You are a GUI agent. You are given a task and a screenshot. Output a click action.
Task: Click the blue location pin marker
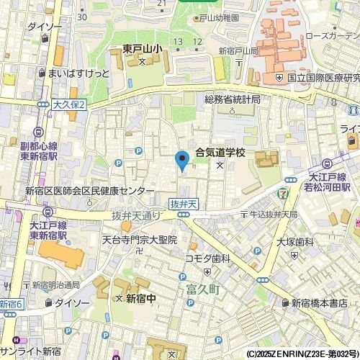[183, 159]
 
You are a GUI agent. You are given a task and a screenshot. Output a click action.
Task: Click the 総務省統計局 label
[231, 99]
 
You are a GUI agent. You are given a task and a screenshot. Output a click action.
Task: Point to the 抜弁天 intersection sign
[184, 204]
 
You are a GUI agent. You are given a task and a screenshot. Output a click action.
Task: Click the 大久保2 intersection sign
[69, 105]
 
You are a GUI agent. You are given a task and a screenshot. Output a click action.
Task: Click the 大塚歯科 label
[294, 243]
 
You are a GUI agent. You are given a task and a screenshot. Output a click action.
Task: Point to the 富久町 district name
[202, 291]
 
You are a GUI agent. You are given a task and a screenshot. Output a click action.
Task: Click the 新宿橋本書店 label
[323, 303]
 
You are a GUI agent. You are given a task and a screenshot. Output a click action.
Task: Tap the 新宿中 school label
[142, 298]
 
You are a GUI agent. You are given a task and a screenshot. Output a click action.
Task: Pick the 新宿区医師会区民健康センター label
[89, 191]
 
